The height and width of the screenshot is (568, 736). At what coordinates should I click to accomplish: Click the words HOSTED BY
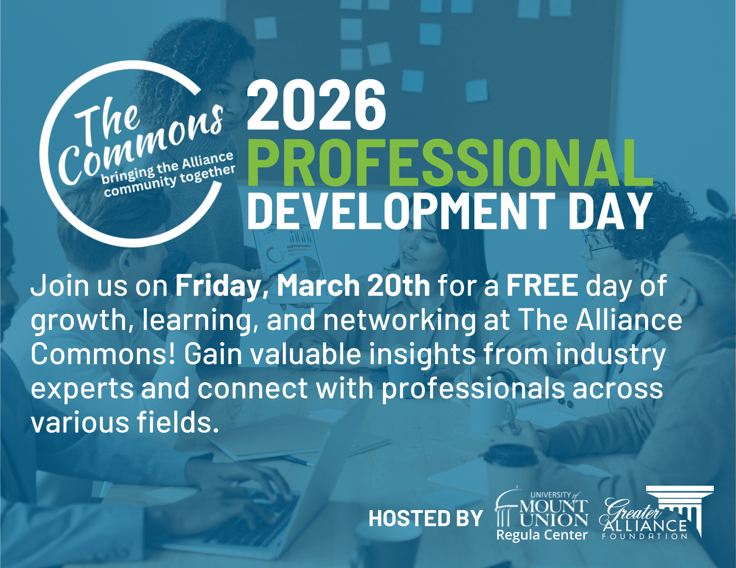coord(425,518)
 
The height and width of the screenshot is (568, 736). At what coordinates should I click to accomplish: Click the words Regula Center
coord(542,535)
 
